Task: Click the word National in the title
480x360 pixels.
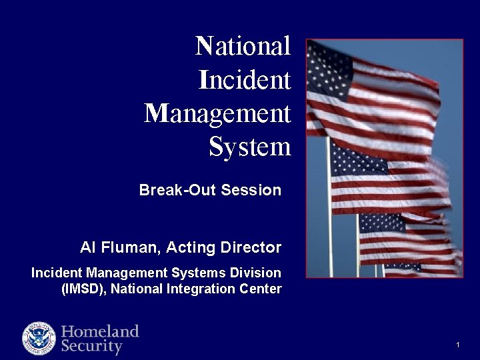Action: tap(243, 47)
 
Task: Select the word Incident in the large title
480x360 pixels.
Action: tap(245, 81)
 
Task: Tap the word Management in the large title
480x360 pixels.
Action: tap(218, 114)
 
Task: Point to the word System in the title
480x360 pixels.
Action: tap(250, 147)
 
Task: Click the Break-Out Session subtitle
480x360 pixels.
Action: tap(210, 190)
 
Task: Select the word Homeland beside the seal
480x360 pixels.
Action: tap(100, 331)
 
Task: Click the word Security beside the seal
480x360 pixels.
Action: tap(92, 347)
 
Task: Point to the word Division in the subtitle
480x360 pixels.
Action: tap(257, 273)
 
